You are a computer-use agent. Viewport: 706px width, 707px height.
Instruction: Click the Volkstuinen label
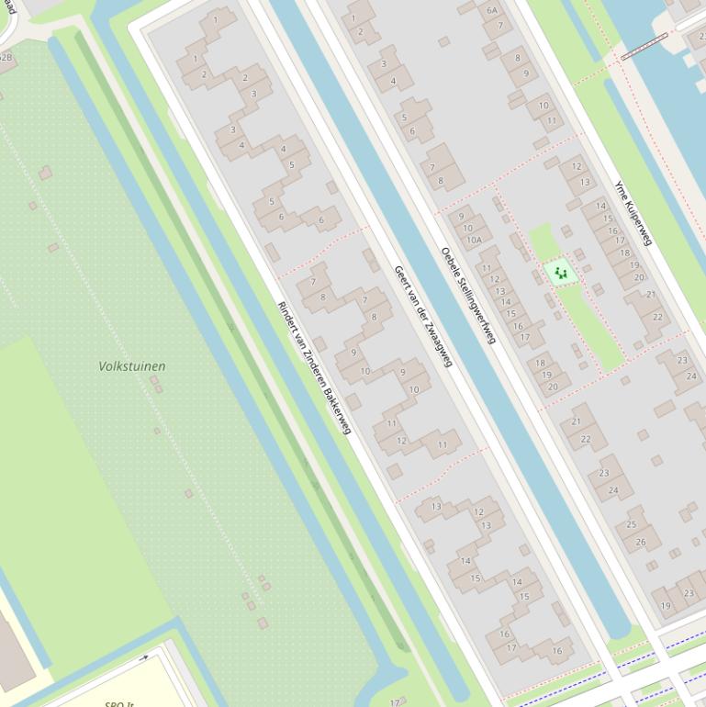pos(132,366)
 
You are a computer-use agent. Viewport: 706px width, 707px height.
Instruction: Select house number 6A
pos(492,10)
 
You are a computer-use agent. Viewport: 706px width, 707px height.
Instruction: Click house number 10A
pos(474,241)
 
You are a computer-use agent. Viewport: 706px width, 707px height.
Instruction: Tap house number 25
pos(632,524)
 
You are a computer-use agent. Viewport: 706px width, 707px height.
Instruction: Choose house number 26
pos(641,542)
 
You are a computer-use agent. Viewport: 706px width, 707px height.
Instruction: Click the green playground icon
pos(559,273)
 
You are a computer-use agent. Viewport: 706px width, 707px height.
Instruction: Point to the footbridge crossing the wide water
pos(644,47)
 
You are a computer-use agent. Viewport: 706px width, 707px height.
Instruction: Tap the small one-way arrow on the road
pos(143,657)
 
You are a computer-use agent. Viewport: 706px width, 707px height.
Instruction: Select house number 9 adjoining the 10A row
pos(461,217)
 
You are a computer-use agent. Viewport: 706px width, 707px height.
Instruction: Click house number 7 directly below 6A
pos(499,25)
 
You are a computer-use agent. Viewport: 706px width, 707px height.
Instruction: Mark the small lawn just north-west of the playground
pos(543,241)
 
